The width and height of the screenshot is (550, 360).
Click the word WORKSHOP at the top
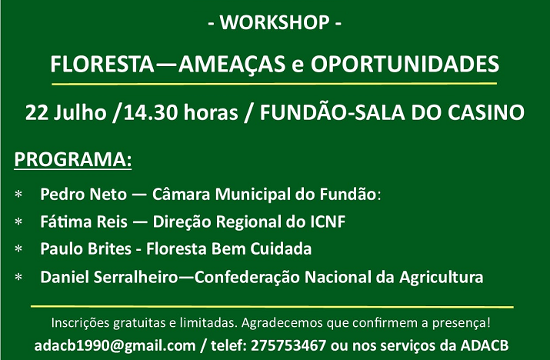pyautogui.click(x=275, y=22)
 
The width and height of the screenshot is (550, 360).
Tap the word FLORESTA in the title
pyautogui.click(x=102, y=64)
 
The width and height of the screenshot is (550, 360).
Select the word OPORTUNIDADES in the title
pyautogui.click(x=405, y=64)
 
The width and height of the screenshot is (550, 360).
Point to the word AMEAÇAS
pyautogui.click(x=232, y=65)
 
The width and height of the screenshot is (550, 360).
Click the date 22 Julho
pyautogui.click(x=65, y=112)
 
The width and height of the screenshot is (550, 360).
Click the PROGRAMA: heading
pyautogui.click(x=72, y=159)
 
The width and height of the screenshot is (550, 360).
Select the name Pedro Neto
pyautogui.click(x=83, y=194)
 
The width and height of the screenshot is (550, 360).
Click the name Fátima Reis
pyautogui.click(x=84, y=222)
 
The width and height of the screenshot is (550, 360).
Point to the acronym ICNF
pyautogui.click(x=328, y=222)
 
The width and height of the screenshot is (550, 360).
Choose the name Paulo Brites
pyautogui.click(x=85, y=248)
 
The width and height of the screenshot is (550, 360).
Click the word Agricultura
pyautogui.click(x=442, y=278)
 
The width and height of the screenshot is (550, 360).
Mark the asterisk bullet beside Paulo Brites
pyautogui.click(x=18, y=249)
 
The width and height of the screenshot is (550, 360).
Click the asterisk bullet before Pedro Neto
pyautogui.click(x=18, y=195)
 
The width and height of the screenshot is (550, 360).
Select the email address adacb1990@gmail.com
pyautogui.click(x=115, y=346)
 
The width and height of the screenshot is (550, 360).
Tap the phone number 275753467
pyautogui.click(x=288, y=345)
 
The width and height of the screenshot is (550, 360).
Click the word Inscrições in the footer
pyautogui.click(x=80, y=323)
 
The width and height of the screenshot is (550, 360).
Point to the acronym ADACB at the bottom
pyautogui.click(x=485, y=345)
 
